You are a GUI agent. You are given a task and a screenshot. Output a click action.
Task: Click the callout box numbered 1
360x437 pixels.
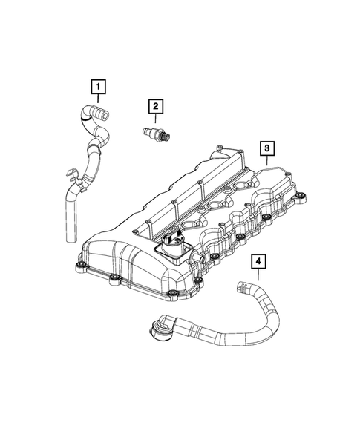pyautogui.click(x=96, y=87)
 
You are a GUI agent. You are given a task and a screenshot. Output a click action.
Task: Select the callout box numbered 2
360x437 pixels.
pyautogui.click(x=155, y=108)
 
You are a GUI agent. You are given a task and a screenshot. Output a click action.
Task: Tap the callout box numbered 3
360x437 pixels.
pyautogui.click(x=264, y=150)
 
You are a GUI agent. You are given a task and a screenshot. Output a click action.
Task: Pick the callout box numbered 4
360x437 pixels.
pyautogui.click(x=257, y=261)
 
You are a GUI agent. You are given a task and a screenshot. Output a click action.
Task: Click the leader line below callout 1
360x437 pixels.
pyautogui.click(x=96, y=100)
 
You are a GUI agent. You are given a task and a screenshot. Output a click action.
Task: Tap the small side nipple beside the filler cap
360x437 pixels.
pyautogui.click(x=198, y=255)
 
